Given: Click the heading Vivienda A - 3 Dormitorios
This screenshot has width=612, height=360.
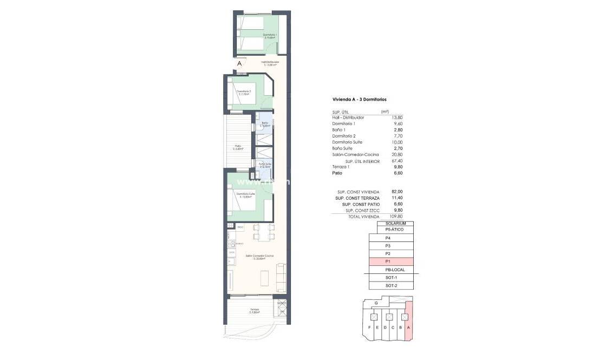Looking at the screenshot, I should (x=359, y=100).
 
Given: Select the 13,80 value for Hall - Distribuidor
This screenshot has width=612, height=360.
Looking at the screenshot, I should (x=396, y=117).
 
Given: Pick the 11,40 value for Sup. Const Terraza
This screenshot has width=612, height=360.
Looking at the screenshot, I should (x=396, y=198).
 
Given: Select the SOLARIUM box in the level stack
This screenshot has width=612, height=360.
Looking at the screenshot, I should (x=395, y=223).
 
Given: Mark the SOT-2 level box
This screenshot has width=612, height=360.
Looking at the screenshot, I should (x=392, y=285).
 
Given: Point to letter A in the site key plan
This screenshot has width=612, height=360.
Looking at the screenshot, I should (x=408, y=328).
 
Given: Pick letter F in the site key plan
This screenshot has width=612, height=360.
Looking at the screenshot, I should (x=369, y=328).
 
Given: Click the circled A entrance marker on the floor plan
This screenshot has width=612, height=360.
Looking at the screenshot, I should (x=239, y=64).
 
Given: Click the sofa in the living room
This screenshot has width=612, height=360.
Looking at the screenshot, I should (x=281, y=275).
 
